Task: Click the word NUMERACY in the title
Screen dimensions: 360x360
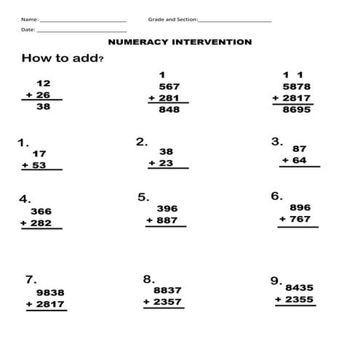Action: pos(137,42)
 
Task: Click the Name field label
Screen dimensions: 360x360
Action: pos(29,19)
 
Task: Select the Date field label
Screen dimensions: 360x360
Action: pos(28,31)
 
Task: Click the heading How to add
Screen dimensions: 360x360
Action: pos(60,58)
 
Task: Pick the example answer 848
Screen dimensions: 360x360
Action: pos(169,111)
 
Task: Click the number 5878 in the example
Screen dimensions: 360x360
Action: pos(297,86)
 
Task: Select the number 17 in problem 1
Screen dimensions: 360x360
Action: pos(39,153)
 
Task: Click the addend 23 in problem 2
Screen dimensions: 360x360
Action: pos(166,164)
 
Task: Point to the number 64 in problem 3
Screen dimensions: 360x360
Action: pos(298,160)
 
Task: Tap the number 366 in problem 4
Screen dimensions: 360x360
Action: pos(41,212)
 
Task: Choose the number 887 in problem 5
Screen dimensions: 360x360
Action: pos(167,220)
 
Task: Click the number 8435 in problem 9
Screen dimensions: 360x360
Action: pos(300,287)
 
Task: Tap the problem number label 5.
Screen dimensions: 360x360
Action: pos(143,197)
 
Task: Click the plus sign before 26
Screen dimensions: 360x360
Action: pos(28,95)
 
